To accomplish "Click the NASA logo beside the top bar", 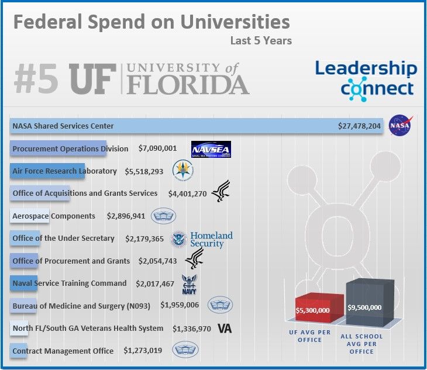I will [x=401, y=125].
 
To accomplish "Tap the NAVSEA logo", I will [x=211, y=149].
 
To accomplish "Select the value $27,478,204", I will [x=360, y=126].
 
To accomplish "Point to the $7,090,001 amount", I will [x=157, y=148].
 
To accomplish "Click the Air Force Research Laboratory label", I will [x=64, y=171].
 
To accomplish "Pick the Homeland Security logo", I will [x=202, y=239].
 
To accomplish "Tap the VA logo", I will [x=225, y=328].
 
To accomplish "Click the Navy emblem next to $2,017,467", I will [x=190, y=284].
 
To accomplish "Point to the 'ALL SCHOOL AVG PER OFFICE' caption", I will [x=361, y=344].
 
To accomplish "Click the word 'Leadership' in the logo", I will [x=366, y=68].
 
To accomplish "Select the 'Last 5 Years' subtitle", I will [x=261, y=41].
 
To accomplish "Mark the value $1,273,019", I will [x=143, y=351].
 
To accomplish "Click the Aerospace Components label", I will [x=54, y=216].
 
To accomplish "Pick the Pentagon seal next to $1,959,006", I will [x=221, y=305].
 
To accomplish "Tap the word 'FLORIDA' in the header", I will [x=187, y=85].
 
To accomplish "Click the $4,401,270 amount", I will [x=187, y=193].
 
